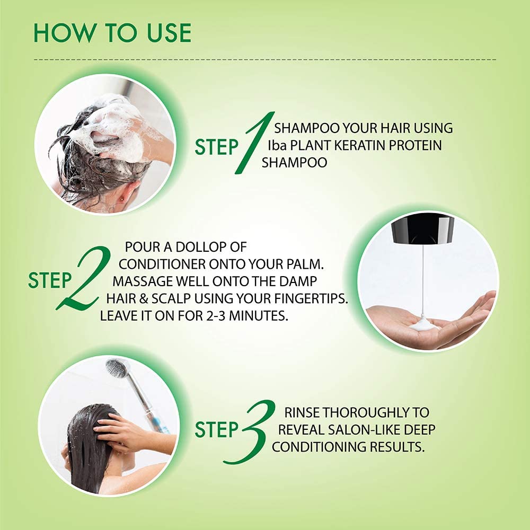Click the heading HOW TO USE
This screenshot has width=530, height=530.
(112, 33)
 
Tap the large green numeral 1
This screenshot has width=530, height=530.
(254, 143)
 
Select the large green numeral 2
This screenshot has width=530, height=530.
(84, 277)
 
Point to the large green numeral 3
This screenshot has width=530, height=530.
(250, 431)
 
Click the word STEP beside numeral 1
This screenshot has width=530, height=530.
(217, 147)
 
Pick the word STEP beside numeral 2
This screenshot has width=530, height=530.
(50, 280)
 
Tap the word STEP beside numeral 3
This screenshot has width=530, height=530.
(217, 430)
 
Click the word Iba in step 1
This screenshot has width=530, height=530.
(277, 145)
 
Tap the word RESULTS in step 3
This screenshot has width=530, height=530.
(397, 447)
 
